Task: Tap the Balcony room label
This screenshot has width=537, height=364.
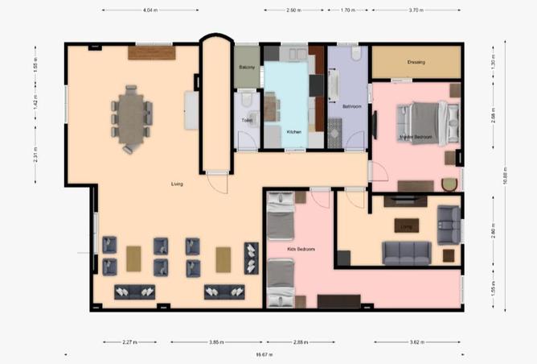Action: pyautogui.click(x=246, y=68)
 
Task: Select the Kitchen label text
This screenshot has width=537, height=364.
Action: pyautogui.click(x=294, y=131)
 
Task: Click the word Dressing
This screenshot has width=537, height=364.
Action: pyautogui.click(x=416, y=62)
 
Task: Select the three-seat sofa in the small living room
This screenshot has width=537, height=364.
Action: pyautogui.click(x=407, y=253)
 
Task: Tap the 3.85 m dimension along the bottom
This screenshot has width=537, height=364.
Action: pyautogui.click(x=215, y=342)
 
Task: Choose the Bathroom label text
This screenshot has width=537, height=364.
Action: pyautogui.click(x=351, y=106)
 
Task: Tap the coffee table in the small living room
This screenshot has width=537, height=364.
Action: pyautogui.click(x=407, y=225)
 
